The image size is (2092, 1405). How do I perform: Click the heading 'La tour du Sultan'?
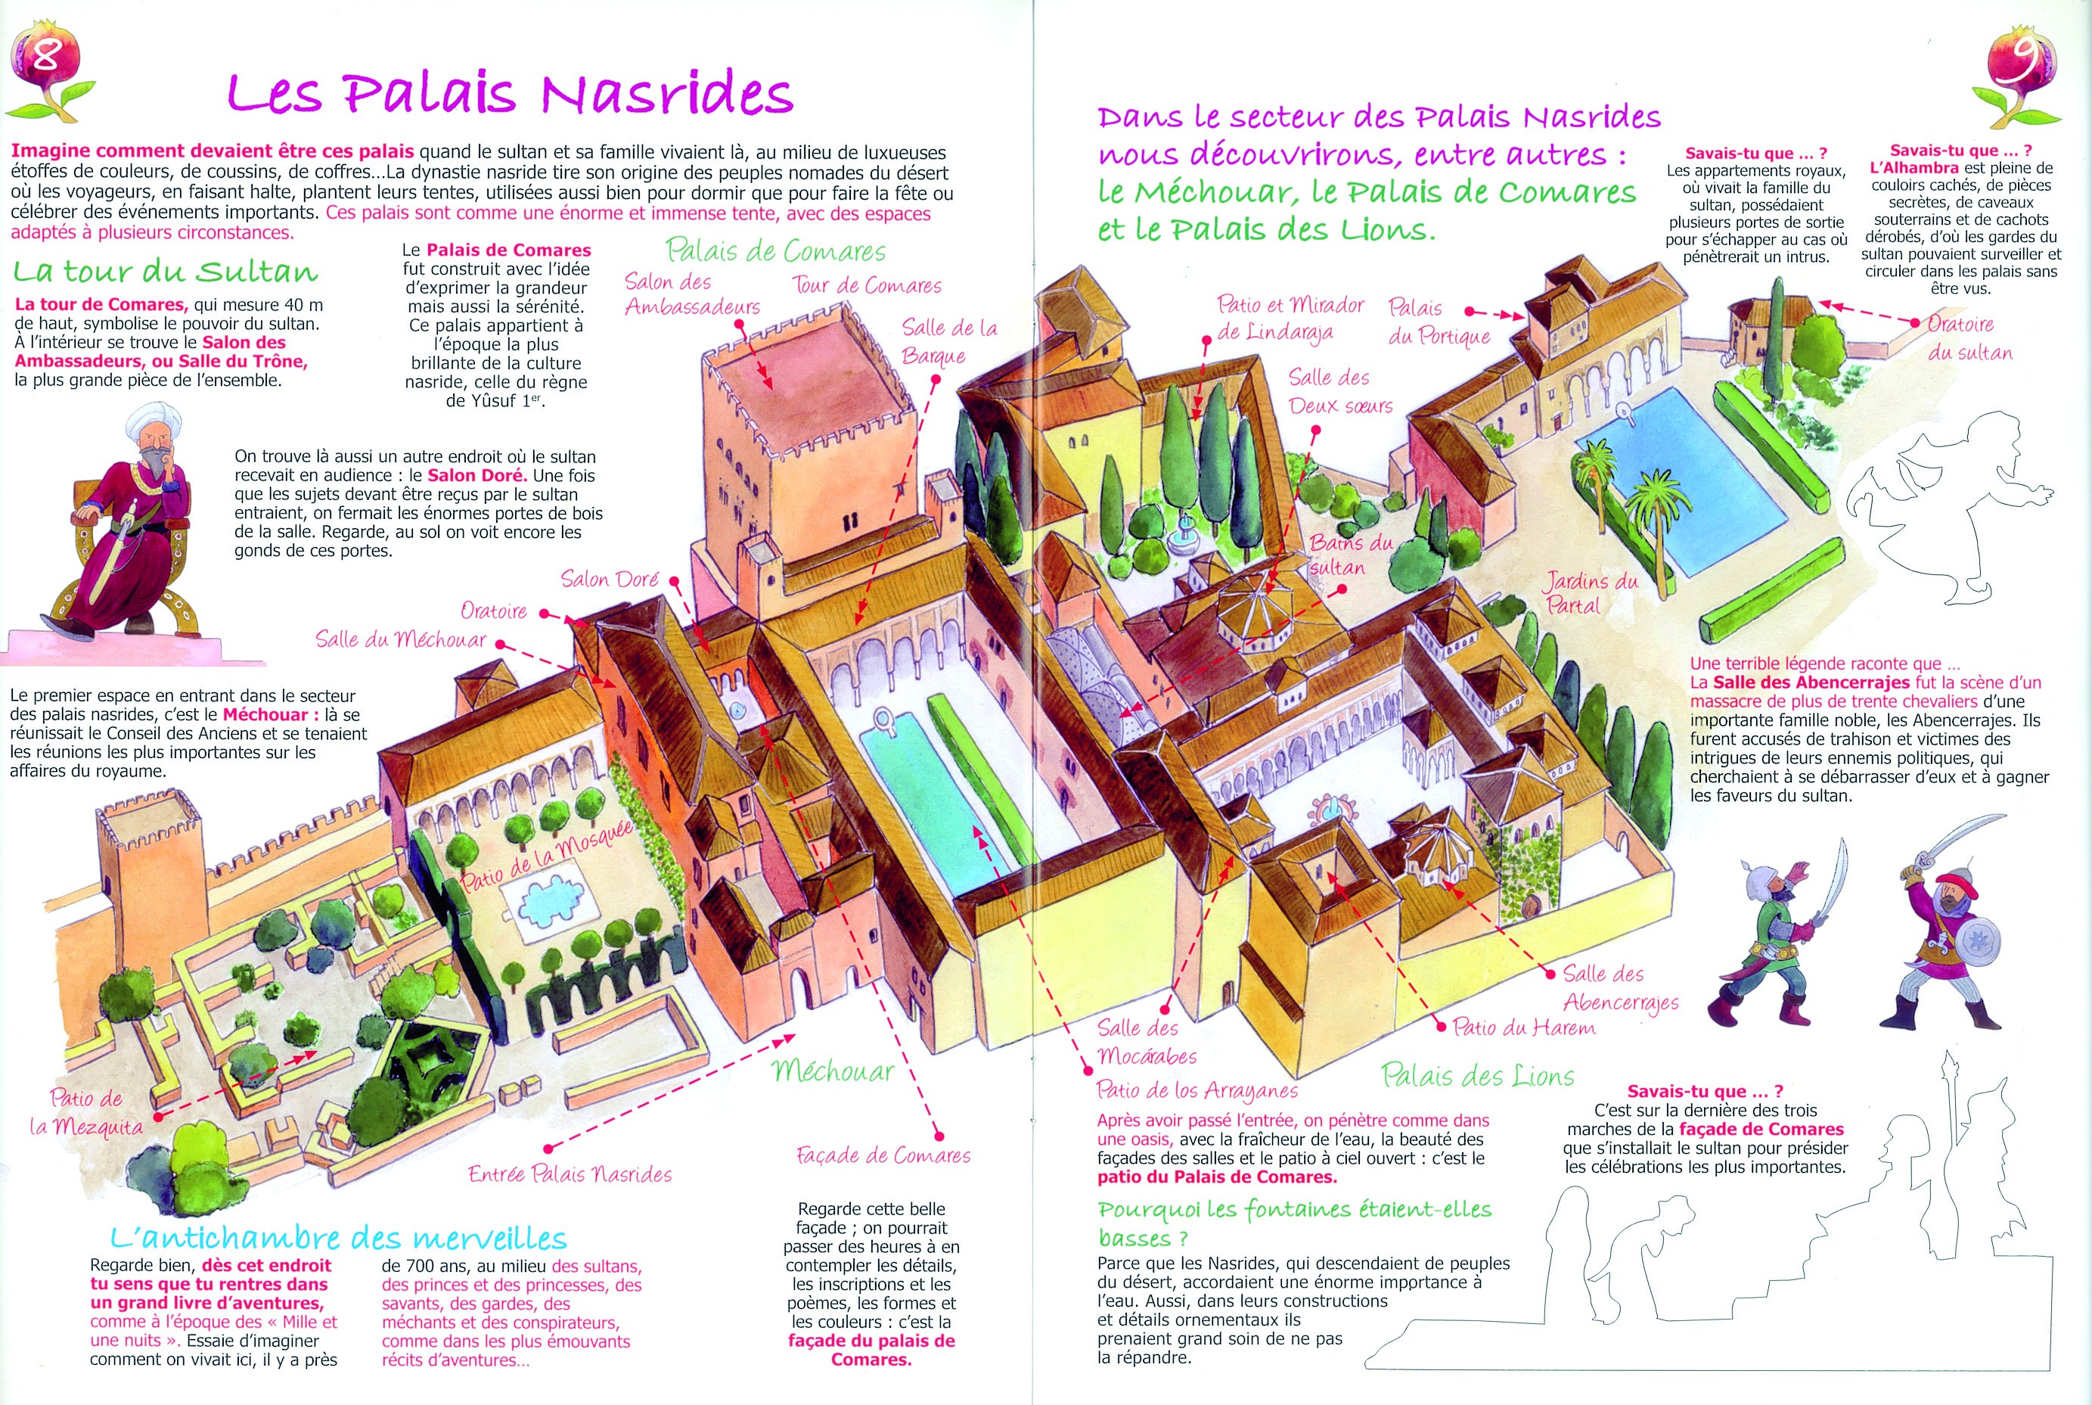pyautogui.click(x=166, y=271)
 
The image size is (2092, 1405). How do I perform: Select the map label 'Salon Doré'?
pyautogui.click(x=610, y=579)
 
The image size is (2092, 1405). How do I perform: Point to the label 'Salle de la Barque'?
pyautogui.click(x=949, y=341)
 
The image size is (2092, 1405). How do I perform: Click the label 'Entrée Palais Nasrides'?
pyautogui.click(x=570, y=1173)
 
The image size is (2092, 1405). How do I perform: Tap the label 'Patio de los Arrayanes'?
pyautogui.click(x=1197, y=1090)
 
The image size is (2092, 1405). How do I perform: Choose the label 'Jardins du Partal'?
pyautogui.click(x=1591, y=592)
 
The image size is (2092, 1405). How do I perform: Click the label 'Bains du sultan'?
pyautogui.click(x=1351, y=555)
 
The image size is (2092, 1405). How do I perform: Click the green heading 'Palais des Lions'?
pyautogui.click(x=1478, y=1074)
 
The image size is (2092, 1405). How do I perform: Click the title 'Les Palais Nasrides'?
pyautogui.click(x=510, y=93)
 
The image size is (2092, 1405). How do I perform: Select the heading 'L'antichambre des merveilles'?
pyautogui.click(x=339, y=1239)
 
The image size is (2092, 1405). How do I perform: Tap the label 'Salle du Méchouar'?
pyautogui.click(x=400, y=639)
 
